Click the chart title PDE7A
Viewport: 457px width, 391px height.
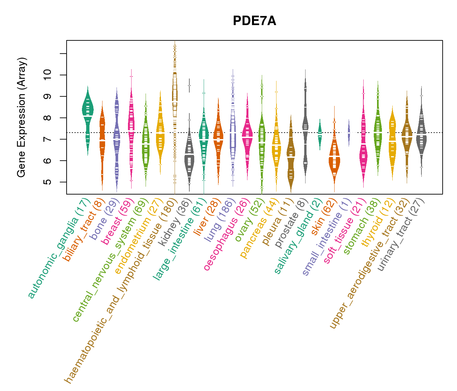tap(254, 21)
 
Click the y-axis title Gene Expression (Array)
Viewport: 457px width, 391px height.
tap(22, 118)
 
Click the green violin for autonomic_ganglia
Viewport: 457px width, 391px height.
tap(87, 111)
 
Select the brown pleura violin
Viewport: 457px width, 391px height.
tap(291, 156)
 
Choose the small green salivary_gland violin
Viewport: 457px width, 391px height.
tap(320, 134)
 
